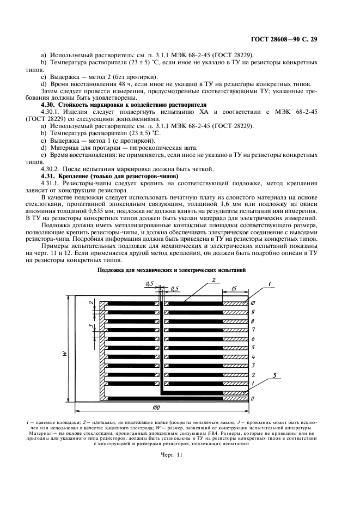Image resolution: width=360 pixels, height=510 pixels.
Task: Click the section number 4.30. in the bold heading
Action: click(x=52, y=104)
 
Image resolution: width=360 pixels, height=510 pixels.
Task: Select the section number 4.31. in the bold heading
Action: click(x=52, y=177)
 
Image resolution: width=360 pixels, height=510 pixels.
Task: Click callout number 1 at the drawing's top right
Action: click(x=268, y=283)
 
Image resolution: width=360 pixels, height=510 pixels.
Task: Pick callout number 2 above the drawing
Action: click(x=214, y=279)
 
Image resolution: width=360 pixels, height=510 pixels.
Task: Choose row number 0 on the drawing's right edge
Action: click(x=253, y=399)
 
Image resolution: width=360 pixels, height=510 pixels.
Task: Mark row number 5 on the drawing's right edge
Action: click(x=253, y=347)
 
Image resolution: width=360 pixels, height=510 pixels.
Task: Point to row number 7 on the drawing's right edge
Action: click(x=253, y=330)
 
